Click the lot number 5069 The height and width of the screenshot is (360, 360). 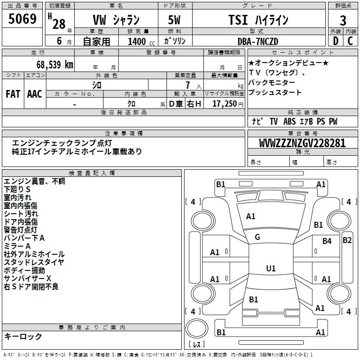[x=22, y=20]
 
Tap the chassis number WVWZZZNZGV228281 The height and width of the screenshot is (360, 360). [x=302, y=143]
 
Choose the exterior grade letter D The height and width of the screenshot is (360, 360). [x=336, y=41]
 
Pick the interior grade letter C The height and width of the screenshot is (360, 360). [x=351, y=41]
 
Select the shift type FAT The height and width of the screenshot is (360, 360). [x=13, y=94]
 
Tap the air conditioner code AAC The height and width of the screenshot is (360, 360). [x=35, y=94]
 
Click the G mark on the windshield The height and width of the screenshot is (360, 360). [x=257, y=237]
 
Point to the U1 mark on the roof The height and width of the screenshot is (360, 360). [x=271, y=269]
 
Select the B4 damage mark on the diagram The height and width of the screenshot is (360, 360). [x=327, y=241]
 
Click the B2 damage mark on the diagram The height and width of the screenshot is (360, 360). [x=347, y=240]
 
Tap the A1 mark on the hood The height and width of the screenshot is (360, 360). [x=251, y=216]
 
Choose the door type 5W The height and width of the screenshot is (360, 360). [x=175, y=20]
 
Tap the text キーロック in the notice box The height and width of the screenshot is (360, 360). [x=23, y=336]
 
